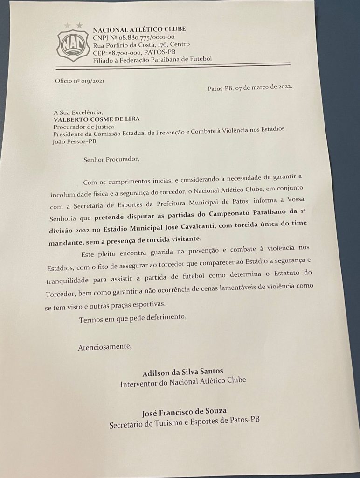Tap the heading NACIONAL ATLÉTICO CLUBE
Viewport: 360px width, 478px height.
click(x=139, y=29)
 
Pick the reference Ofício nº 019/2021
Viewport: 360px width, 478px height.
click(x=79, y=81)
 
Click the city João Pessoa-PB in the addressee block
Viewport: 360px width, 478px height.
click(x=75, y=141)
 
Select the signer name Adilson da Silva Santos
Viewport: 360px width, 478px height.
click(x=183, y=372)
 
